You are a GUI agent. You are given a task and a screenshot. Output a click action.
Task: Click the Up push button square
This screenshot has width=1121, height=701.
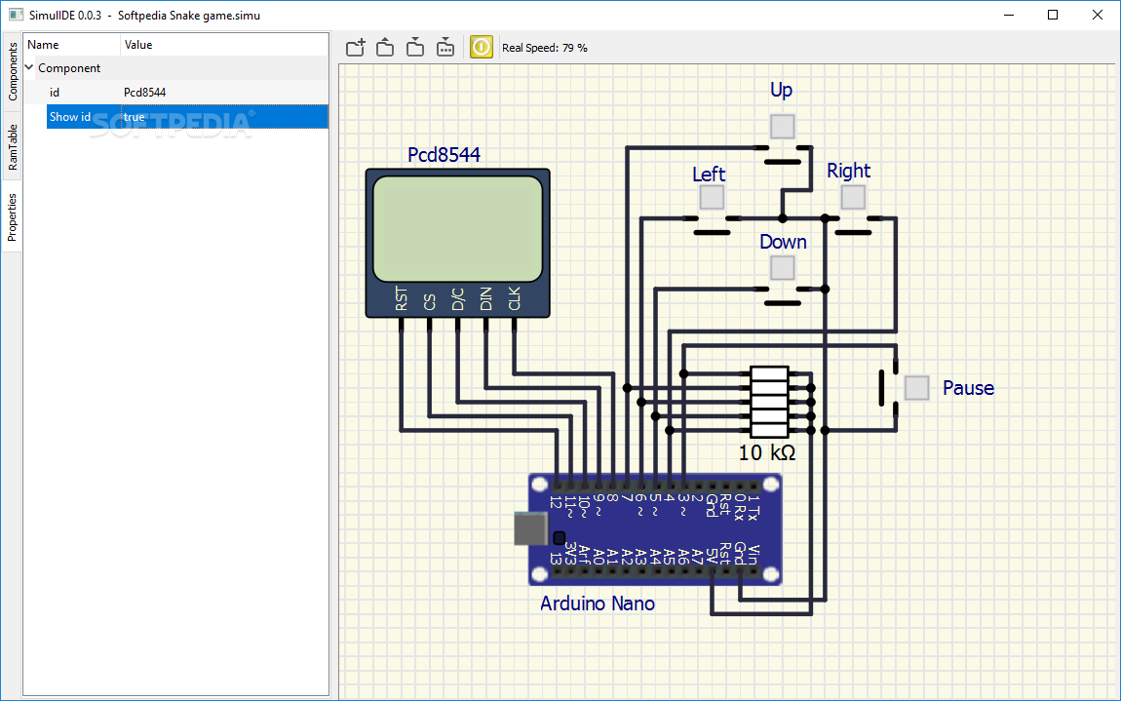tap(782, 127)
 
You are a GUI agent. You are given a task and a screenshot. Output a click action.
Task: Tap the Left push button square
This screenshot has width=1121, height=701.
tap(712, 197)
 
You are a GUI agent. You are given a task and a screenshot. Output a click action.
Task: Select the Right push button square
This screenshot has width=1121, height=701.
tap(853, 197)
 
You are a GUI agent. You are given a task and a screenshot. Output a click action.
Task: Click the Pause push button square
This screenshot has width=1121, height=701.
tap(916, 388)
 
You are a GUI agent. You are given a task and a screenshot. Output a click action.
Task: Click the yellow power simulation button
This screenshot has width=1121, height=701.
tap(482, 47)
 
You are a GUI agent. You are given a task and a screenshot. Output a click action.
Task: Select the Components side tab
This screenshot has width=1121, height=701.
tap(12, 71)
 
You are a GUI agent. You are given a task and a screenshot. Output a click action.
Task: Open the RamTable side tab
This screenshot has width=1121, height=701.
tap(12, 147)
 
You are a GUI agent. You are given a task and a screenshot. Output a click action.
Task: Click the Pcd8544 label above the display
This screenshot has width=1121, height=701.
tap(444, 154)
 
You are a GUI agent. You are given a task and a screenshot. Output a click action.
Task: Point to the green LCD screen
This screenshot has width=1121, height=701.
tap(457, 229)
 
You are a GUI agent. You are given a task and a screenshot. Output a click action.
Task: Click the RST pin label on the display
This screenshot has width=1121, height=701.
tap(401, 299)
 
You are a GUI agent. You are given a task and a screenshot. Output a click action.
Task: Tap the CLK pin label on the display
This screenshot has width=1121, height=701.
tap(514, 299)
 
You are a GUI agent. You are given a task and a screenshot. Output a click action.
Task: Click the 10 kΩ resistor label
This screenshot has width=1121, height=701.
tap(766, 452)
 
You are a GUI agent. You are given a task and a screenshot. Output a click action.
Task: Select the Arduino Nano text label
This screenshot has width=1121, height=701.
tap(598, 604)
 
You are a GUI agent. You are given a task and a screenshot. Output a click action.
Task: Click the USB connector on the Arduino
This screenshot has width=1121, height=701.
tap(530, 528)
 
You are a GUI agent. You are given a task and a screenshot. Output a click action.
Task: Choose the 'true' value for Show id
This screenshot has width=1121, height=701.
tap(135, 117)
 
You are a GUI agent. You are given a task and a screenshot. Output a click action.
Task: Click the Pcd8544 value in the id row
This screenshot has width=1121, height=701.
tap(144, 93)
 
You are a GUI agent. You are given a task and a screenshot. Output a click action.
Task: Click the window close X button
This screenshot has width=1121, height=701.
tap(1098, 15)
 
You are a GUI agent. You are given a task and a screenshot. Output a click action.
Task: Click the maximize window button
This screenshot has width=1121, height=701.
tap(1053, 15)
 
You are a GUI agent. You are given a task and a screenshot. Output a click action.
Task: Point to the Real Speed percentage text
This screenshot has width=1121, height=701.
tap(545, 48)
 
